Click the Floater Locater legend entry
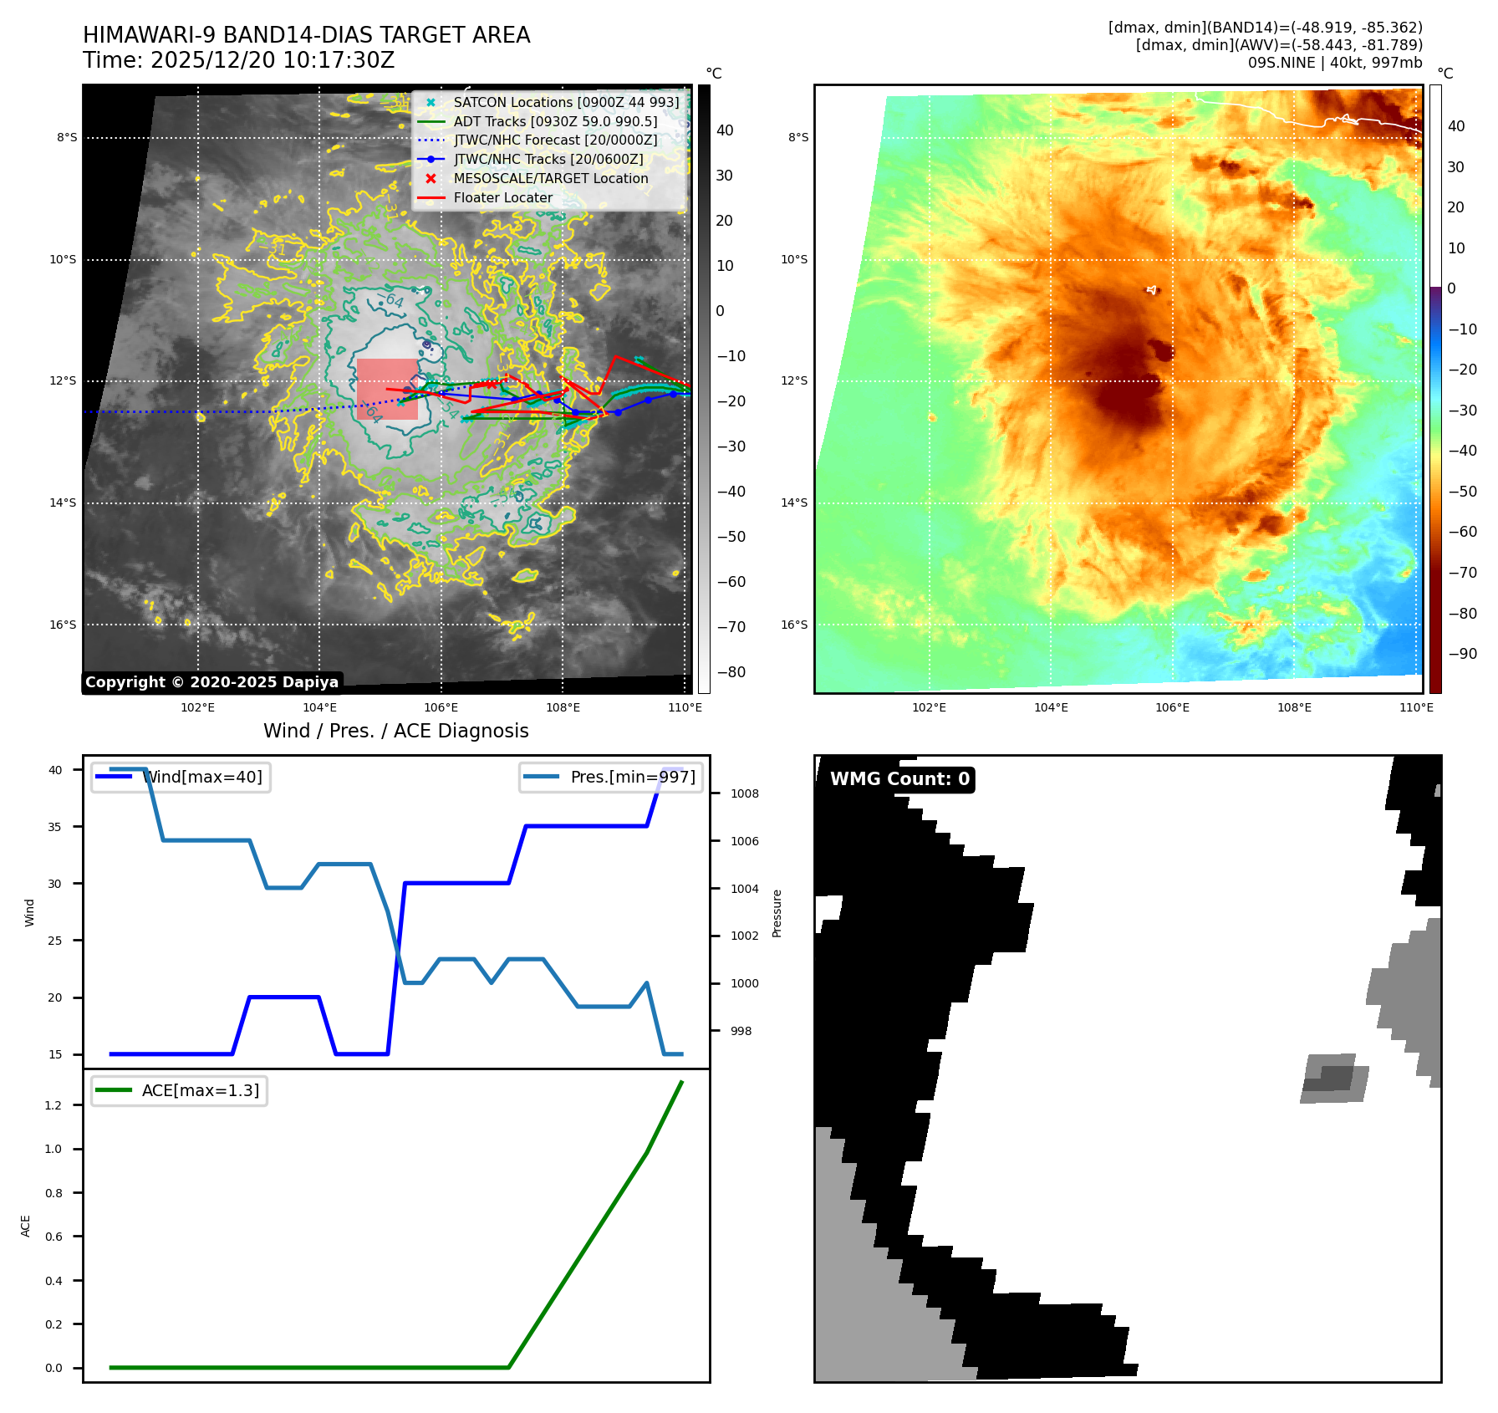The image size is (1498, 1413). (502, 198)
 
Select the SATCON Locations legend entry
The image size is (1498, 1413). (566, 103)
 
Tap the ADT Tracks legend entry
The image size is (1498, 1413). (555, 122)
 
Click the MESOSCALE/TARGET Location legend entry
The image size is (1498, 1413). (550, 179)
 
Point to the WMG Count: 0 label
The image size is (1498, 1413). (899, 779)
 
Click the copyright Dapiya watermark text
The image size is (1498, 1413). (211, 682)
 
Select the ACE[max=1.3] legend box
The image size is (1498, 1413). (180, 1091)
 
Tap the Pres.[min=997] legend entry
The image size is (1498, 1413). (611, 778)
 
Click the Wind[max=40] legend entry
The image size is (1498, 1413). (181, 778)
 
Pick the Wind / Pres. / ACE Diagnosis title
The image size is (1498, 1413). (395, 732)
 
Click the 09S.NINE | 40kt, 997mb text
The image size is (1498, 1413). (1334, 63)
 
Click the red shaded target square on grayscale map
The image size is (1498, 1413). (387, 389)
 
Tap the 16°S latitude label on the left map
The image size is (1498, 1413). (63, 625)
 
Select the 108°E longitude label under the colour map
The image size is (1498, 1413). (1294, 708)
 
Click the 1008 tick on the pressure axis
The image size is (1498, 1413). (744, 794)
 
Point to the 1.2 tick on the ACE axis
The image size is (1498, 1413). (53, 1105)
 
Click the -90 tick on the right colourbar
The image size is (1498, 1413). (1462, 654)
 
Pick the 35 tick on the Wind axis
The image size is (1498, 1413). (55, 827)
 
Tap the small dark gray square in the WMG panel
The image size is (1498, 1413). (1336, 1079)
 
